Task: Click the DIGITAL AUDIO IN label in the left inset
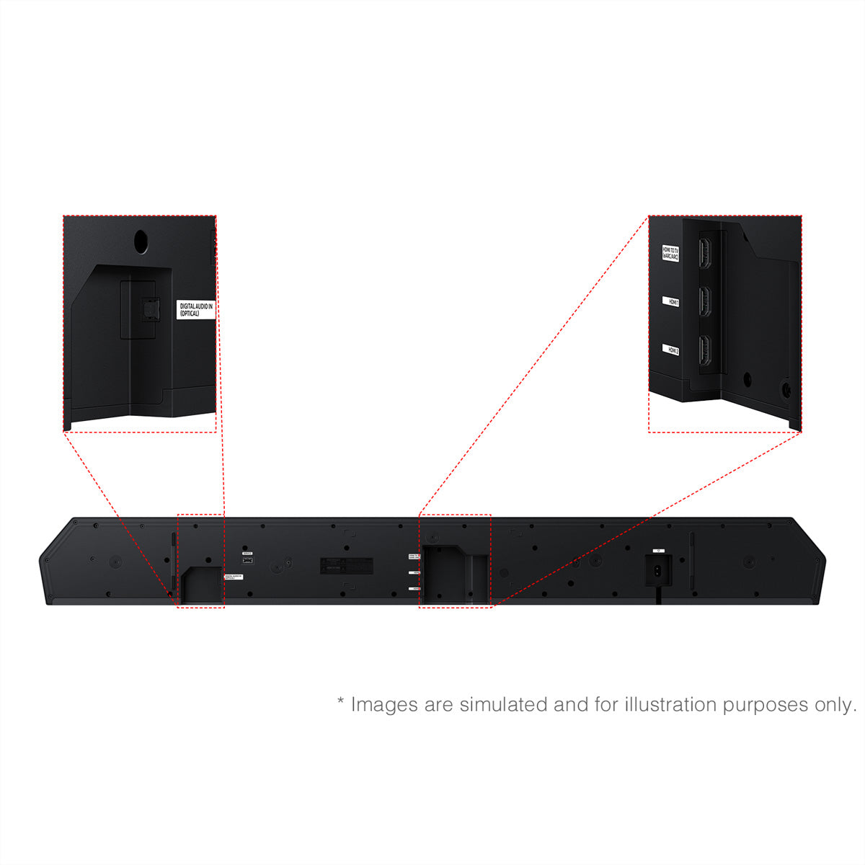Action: (196, 310)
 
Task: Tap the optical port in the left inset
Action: (149, 309)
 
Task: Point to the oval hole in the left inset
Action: (142, 241)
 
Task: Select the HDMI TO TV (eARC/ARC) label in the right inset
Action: (671, 253)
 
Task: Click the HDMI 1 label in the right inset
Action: (671, 302)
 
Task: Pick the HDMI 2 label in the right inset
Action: (671, 350)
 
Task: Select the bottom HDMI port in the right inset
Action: (706, 350)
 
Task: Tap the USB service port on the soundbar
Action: (248, 561)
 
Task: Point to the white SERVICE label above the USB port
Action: (247, 554)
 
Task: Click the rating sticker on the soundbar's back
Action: (346, 566)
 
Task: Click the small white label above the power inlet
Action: (659, 551)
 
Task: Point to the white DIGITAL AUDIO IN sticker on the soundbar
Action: (234, 577)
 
